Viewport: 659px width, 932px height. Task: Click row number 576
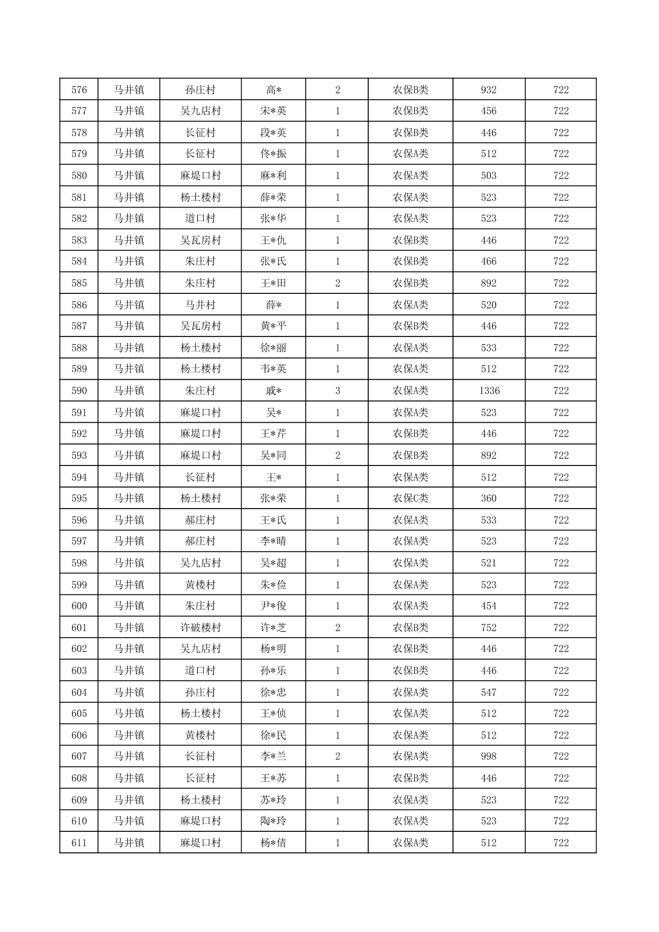pyautogui.click(x=79, y=90)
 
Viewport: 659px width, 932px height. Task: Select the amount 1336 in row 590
pyautogui.click(x=489, y=391)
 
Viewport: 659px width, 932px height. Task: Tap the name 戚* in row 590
pyautogui.click(x=274, y=391)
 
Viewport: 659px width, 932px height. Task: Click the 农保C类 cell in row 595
pyautogui.click(x=410, y=498)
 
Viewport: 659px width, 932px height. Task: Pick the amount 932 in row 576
pyautogui.click(x=489, y=90)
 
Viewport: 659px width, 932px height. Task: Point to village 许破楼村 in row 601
pyautogui.click(x=200, y=628)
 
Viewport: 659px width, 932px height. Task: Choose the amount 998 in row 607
pyautogui.click(x=489, y=756)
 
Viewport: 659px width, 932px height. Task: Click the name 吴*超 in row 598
pyautogui.click(x=274, y=563)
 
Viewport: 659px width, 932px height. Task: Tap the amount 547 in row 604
pyautogui.click(x=489, y=692)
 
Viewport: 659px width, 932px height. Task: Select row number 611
pyautogui.click(x=79, y=843)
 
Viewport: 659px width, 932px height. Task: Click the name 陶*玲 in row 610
pyautogui.click(x=274, y=821)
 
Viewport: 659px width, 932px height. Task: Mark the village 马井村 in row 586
pyautogui.click(x=200, y=305)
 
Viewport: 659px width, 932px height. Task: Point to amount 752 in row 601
pyautogui.click(x=489, y=628)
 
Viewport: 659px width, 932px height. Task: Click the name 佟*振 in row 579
pyautogui.click(x=274, y=154)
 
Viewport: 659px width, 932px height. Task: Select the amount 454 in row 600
pyautogui.click(x=489, y=605)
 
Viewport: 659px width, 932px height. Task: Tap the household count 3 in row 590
pyautogui.click(x=338, y=391)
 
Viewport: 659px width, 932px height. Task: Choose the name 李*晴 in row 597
pyautogui.click(x=274, y=541)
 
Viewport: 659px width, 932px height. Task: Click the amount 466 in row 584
pyautogui.click(x=489, y=261)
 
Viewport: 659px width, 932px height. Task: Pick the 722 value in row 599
pyautogui.click(x=561, y=585)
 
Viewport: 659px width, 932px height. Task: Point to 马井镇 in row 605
pyautogui.click(x=129, y=713)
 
